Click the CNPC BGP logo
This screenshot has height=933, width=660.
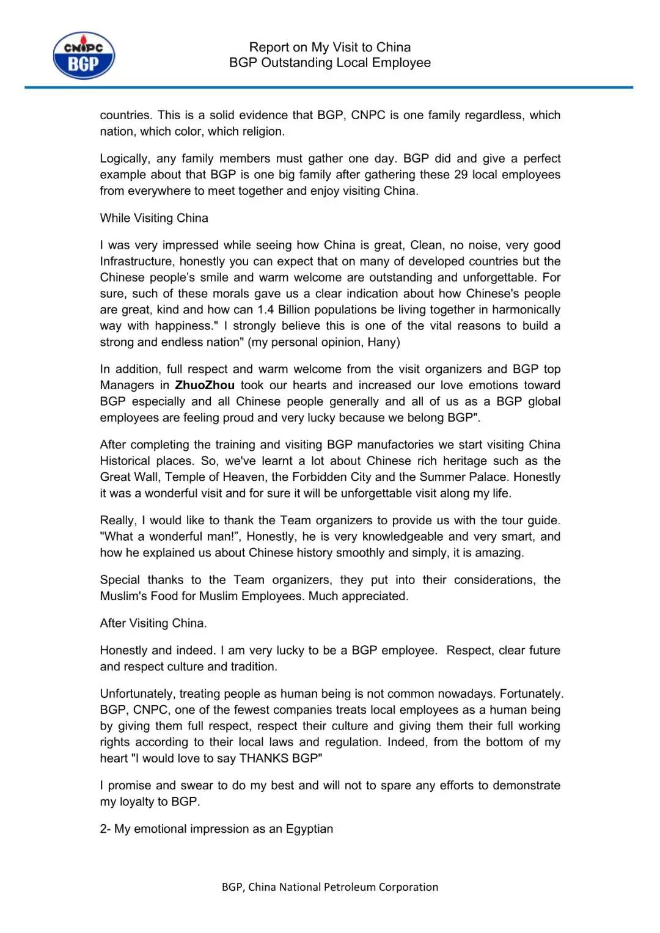click(x=83, y=56)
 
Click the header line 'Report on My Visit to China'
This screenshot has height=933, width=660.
click(x=330, y=47)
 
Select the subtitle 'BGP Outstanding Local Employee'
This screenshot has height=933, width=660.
click(x=330, y=62)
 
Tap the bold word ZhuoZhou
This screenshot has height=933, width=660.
click(x=205, y=386)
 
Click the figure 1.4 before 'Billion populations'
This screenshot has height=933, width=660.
click(x=266, y=310)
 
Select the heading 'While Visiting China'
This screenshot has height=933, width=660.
click(x=154, y=218)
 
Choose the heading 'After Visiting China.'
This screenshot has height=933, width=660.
click(x=153, y=623)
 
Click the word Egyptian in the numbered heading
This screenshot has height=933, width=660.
click(x=309, y=829)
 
